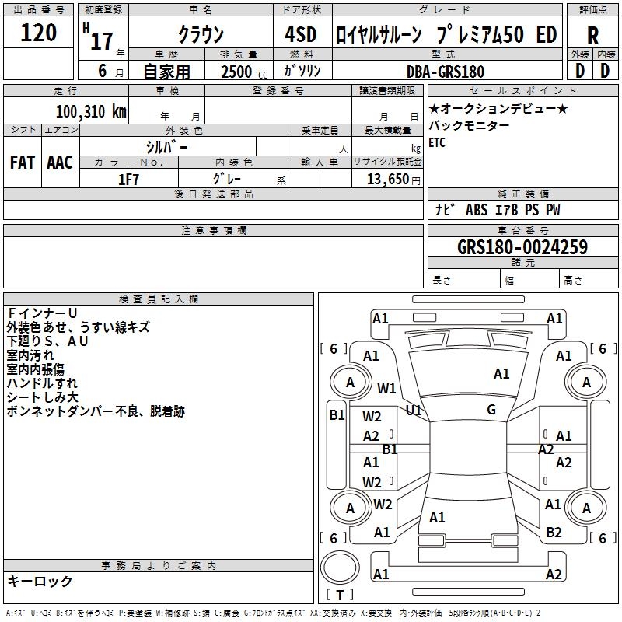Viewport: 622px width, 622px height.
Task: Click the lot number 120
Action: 39,33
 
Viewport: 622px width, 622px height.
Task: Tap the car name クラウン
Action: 201,34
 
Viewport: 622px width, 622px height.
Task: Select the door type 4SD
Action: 302,34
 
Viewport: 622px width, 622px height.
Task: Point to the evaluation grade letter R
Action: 593,35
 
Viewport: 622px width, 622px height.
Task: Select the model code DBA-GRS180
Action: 446,72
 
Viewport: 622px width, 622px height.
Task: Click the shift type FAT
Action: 22,162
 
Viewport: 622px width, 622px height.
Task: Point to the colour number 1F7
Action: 128,179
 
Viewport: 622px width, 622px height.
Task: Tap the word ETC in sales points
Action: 437,143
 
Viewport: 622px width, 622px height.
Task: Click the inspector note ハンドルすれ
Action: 42,383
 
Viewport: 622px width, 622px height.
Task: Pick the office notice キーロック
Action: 40,581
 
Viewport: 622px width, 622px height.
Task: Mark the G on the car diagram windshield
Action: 491,409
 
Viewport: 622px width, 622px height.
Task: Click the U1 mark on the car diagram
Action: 413,409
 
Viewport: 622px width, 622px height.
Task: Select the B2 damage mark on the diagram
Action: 554,533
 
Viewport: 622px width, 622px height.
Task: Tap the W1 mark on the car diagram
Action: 386,388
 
